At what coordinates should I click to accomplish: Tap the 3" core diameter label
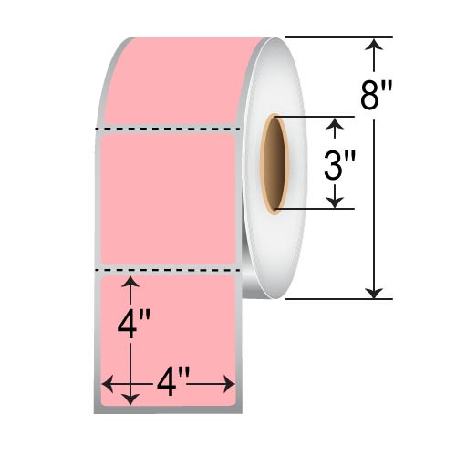point(339,166)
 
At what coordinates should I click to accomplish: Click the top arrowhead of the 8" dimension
point(372,43)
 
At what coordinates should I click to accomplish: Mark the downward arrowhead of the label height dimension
point(134,398)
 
